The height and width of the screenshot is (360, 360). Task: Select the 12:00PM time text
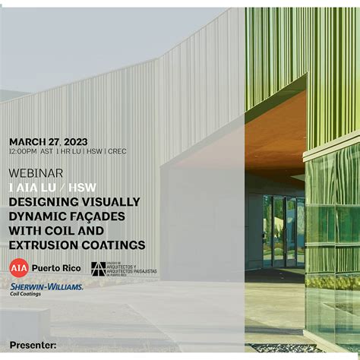coord(23,151)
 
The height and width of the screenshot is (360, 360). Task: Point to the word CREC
coord(117,151)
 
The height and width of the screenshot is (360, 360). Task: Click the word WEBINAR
coord(36,173)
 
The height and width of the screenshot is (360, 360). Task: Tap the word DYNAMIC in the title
coord(37,216)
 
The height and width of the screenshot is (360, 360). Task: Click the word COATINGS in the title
coord(113,245)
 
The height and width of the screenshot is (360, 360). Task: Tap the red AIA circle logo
coord(18,267)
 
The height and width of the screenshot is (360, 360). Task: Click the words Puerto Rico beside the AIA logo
coord(57,267)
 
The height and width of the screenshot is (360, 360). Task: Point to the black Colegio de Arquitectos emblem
coord(98,268)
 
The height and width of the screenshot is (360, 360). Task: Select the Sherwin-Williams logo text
coord(46,286)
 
